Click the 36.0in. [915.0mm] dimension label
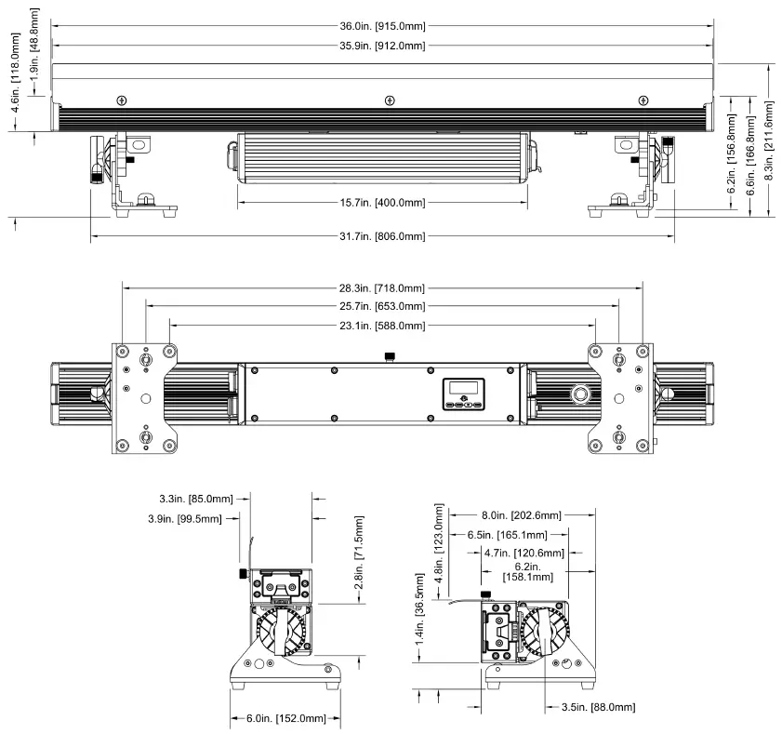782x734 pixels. [x=382, y=27]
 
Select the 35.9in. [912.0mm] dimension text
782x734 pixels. [x=382, y=46]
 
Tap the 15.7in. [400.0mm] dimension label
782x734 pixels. [x=382, y=203]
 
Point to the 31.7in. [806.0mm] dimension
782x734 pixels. [x=382, y=236]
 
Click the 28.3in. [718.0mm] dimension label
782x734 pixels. [x=382, y=288]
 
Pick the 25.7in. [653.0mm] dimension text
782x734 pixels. [x=382, y=306]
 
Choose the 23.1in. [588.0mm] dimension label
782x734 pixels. [x=382, y=326]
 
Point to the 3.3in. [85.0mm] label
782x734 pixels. [x=196, y=499]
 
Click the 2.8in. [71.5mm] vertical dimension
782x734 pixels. [x=358, y=559]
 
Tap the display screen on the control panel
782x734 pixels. [x=463, y=388]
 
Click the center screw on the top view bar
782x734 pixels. [x=389, y=100]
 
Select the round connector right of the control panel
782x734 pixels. [x=581, y=394]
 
